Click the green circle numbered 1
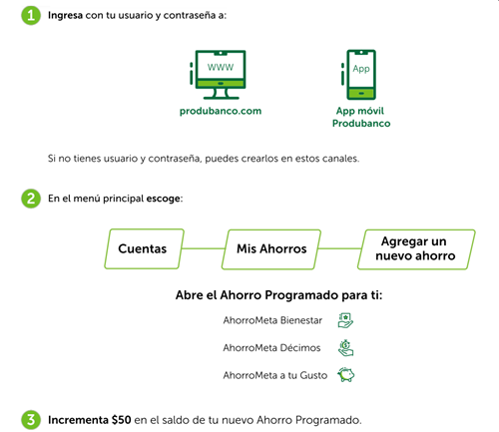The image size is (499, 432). tap(31, 15)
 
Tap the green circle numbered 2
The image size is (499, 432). tap(31, 199)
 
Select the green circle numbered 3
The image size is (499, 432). tap(31, 420)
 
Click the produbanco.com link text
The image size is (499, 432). tap(221, 111)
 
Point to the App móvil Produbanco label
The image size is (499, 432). tap(361, 117)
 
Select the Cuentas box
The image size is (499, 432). tap(145, 248)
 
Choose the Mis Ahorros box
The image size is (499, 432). tap(271, 249)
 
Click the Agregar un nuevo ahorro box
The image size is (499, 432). tap(416, 249)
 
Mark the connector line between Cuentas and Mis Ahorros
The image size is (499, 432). tap(204, 248)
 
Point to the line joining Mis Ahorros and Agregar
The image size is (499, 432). tap(339, 248)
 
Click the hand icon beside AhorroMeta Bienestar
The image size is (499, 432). tap(345, 320)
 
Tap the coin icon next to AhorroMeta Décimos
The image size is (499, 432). tap(345, 348)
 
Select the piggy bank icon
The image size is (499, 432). tap(346, 375)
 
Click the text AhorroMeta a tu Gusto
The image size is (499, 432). tap(275, 375)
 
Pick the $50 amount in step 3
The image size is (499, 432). tap(122, 420)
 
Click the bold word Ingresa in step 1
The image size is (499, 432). tap(65, 15)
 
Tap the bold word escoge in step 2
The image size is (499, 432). tap(164, 199)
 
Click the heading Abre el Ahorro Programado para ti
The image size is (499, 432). tap(278, 295)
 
